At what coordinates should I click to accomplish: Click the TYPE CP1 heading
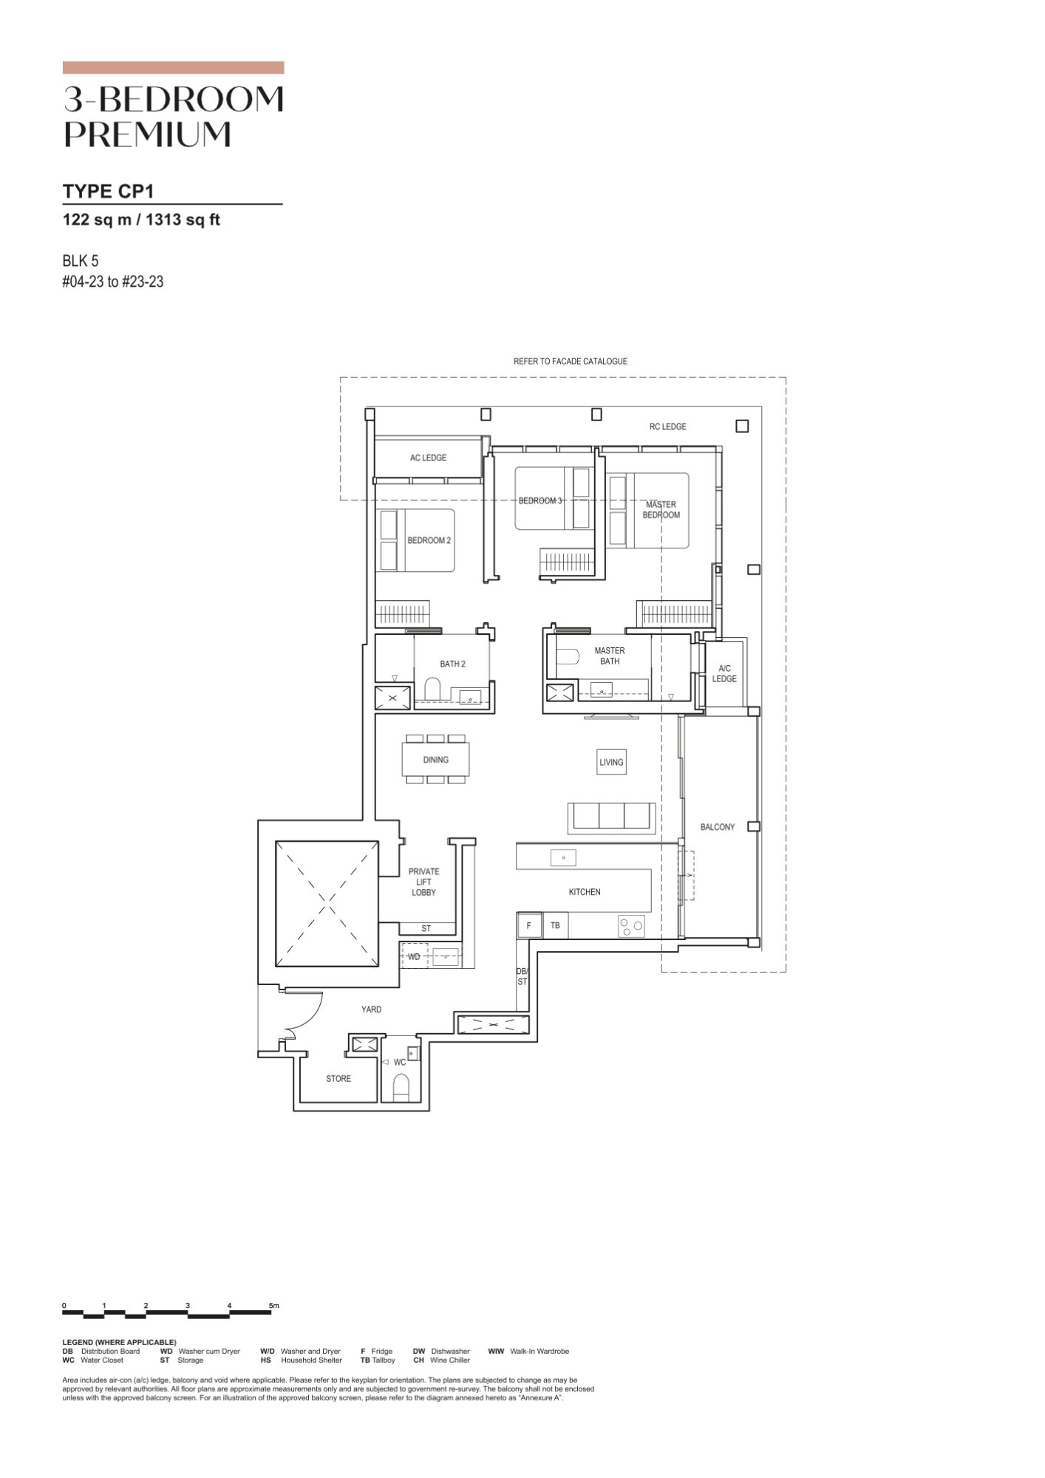[x=108, y=191]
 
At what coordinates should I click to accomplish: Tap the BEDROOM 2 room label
[x=429, y=540]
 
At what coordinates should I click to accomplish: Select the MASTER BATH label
[x=610, y=655]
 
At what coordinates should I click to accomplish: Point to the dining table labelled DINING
[x=435, y=759]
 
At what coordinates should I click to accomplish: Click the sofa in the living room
[x=611, y=818]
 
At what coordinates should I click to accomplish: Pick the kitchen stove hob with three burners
[x=631, y=926]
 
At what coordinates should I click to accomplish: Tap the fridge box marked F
[x=528, y=925]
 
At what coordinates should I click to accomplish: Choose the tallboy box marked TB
[x=555, y=925]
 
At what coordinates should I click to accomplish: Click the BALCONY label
[x=717, y=827]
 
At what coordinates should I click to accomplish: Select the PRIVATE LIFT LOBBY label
[x=423, y=882]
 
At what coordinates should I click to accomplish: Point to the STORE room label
[x=338, y=1079]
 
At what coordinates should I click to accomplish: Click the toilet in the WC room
[x=401, y=1088]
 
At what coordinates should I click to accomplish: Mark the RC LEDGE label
[x=667, y=426]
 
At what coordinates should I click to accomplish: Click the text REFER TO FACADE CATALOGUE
[x=570, y=361]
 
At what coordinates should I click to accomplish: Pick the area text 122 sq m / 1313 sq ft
[x=141, y=219]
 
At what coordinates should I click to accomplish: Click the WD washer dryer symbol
[x=415, y=956]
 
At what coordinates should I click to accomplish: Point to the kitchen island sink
[x=563, y=858]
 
